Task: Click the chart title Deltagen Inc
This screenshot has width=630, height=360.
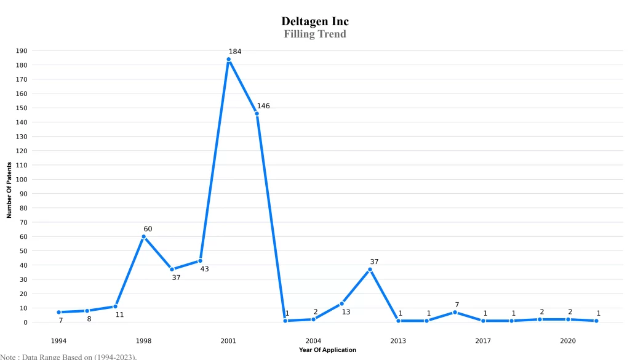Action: [315, 22]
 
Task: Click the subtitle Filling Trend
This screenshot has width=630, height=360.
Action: [315, 34]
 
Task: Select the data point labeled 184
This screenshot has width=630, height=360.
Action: [228, 60]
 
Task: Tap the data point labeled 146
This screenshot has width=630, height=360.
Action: [257, 114]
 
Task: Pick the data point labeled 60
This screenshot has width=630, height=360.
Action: [143, 236]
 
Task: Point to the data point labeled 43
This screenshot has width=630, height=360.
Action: [200, 261]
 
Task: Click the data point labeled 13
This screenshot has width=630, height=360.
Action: [341, 303]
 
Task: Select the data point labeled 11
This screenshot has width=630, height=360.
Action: [115, 306]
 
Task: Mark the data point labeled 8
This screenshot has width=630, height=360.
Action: [87, 311]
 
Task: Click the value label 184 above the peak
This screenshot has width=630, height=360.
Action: [235, 52]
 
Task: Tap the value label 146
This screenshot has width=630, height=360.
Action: [263, 106]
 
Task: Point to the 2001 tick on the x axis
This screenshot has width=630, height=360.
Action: [228, 340]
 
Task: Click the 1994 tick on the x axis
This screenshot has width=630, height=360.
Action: [58, 340]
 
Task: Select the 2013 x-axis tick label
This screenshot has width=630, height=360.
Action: [398, 340]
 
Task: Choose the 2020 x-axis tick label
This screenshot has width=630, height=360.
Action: [568, 340]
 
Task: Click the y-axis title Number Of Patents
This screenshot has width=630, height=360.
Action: [9, 190]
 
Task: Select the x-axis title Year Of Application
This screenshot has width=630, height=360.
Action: [327, 350]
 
